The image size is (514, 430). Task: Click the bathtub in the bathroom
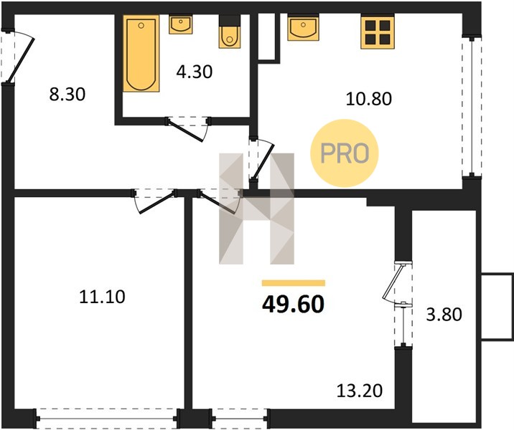click(141, 53)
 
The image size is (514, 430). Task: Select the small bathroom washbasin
click(180, 24)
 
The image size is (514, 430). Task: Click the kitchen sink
click(303, 27)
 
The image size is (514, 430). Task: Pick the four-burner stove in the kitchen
click(378, 32)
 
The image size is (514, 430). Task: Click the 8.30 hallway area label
click(67, 95)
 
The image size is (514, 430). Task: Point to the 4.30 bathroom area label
click(195, 72)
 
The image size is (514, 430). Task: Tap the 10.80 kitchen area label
click(369, 99)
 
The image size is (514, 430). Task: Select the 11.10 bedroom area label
click(102, 297)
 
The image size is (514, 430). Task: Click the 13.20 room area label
click(360, 391)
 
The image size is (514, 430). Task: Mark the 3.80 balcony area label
click(444, 315)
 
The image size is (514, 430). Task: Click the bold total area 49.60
click(294, 305)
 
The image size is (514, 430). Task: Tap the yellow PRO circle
click(345, 153)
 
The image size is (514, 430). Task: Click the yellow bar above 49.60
click(294, 283)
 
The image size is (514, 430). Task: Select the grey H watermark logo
click(257, 209)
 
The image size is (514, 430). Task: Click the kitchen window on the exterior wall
click(472, 106)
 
